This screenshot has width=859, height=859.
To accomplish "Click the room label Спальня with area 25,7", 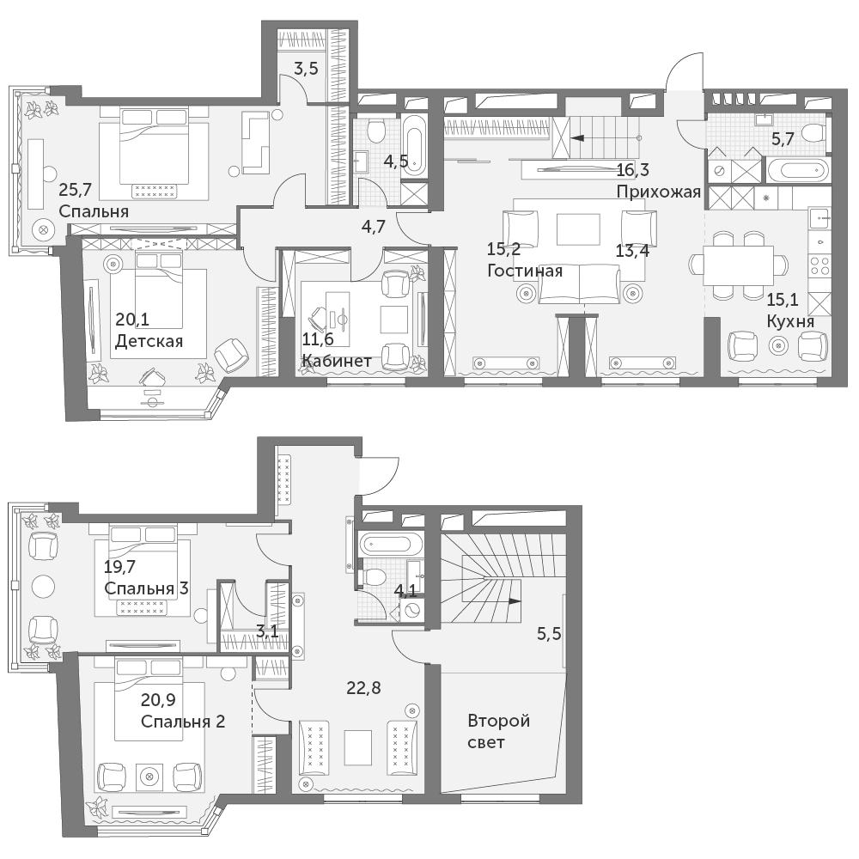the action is coord(94,211).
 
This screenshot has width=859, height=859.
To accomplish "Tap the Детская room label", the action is coord(149,341).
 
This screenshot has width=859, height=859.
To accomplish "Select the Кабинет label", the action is coord(337,361).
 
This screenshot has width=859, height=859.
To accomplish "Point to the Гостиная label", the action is coord(525,271).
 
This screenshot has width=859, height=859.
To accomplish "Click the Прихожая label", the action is coord(659,192).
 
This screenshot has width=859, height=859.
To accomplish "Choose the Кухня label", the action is coord(790,321).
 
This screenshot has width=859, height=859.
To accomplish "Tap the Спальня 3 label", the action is coord(146,588).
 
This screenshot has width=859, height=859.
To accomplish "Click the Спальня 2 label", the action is coord(183,721).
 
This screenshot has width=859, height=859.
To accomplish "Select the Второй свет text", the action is coord(498,731).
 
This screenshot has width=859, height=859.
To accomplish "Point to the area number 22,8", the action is coord(363,687).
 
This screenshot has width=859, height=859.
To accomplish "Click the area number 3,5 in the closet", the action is coord(307,69).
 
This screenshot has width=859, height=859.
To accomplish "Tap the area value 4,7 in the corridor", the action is coord(373,226).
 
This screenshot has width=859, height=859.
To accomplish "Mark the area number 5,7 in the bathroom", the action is coord(783,139).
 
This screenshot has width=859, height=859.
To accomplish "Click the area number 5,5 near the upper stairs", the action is coord(549,634).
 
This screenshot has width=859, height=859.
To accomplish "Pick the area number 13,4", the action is coord(632,250).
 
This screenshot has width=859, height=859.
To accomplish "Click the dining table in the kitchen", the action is coord(739,265).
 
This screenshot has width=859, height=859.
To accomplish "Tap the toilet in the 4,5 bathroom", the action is coord(376,131).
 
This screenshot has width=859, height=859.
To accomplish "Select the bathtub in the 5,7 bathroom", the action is coord(795,170).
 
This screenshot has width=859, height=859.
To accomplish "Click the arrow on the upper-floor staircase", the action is coord(515,601).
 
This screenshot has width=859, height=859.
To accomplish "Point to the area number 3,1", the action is coord(267,632).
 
